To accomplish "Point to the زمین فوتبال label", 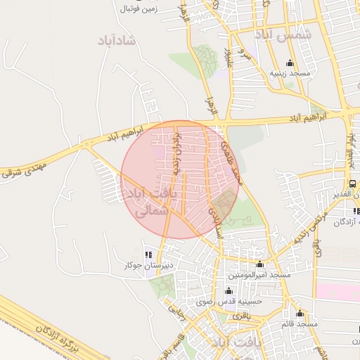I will tap(138, 9).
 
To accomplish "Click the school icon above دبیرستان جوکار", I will tap(148, 255).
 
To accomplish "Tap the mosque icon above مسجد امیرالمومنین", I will tap(261, 264).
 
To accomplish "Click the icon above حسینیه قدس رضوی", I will tap(228, 291).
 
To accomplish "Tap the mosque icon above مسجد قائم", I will tap(300, 314).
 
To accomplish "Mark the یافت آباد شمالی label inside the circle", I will tap(149, 201).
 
